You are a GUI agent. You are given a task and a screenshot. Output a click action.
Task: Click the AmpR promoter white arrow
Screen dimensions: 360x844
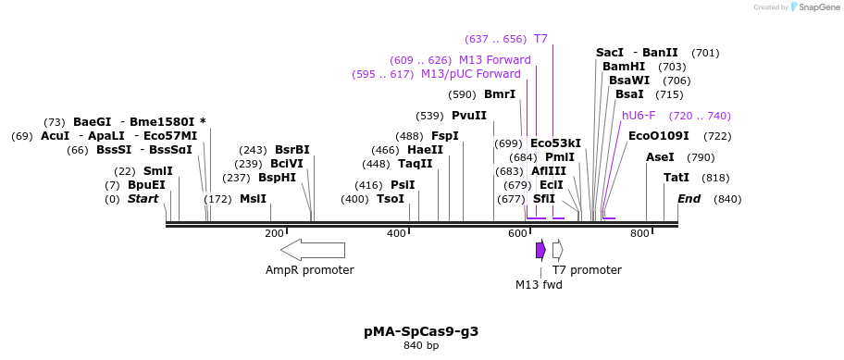pos(313,250)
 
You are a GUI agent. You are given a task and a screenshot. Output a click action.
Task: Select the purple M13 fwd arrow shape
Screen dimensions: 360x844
pos(540,250)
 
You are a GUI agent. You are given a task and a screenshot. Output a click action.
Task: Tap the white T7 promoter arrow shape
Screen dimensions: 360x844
pos(557,250)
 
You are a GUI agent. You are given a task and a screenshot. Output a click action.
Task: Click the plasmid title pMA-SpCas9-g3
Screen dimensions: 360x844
pos(421,330)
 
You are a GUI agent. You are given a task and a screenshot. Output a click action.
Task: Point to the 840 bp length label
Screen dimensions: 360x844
pos(421,346)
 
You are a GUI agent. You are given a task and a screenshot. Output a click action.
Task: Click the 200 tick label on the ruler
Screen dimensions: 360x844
pos(274,233)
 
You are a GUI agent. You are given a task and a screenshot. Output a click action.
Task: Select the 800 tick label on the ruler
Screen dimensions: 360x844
pos(639,233)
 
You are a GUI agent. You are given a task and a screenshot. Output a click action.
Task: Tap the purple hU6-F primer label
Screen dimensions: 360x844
pos(639,116)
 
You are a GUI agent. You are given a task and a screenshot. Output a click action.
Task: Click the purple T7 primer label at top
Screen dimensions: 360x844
pos(540,39)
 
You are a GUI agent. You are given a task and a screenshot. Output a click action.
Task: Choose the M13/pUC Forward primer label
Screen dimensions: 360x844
pos(470,74)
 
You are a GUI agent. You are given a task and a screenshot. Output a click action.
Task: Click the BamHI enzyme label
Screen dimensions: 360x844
pos(624,67)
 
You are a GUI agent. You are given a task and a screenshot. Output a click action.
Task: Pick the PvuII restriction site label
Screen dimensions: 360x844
pos(469,116)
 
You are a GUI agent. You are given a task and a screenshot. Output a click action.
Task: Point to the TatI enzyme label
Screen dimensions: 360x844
pos(676,178)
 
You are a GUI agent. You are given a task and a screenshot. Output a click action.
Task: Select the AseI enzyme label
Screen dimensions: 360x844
pos(660,157)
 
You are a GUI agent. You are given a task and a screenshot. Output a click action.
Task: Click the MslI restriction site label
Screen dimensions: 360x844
pos(253,199)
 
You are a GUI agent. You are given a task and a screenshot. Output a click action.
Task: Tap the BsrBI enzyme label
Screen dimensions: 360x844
pos(292,150)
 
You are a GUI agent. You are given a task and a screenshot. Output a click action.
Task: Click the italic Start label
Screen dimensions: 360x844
pos(143,199)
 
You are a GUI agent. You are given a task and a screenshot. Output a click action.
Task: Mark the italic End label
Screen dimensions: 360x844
pos(689,199)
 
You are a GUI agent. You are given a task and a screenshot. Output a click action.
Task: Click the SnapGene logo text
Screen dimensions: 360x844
pos(815,7)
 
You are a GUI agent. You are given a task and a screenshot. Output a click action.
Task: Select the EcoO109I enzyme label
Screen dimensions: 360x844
pos(658,136)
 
